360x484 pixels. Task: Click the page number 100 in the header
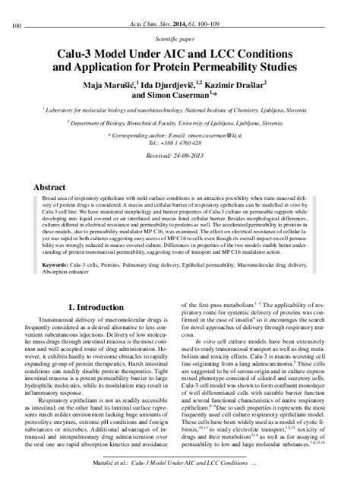15,7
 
